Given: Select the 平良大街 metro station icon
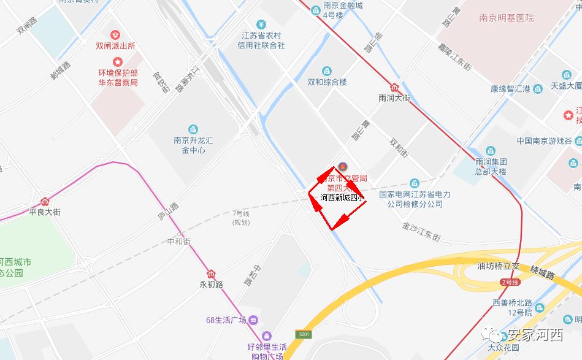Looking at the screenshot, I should [45, 201].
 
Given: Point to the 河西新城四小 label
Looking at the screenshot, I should [342, 197].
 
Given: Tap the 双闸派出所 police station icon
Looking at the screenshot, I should [115, 34].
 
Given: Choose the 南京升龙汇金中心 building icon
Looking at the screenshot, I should [193, 129].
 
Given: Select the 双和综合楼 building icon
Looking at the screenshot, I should [327, 71].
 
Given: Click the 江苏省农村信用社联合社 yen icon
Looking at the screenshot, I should [261, 25].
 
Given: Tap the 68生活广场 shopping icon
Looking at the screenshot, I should [253, 320].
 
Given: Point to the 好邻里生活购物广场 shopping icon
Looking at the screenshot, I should [266, 335].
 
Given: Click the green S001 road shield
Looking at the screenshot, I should [305, 334].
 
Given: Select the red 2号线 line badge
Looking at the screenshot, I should [510, 282].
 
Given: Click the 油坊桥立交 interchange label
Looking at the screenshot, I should [499, 266].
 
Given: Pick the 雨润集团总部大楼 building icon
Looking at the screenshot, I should [490, 151].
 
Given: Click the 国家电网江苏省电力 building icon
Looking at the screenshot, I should [415, 183].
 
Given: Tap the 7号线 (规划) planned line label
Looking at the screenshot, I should [241, 218].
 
